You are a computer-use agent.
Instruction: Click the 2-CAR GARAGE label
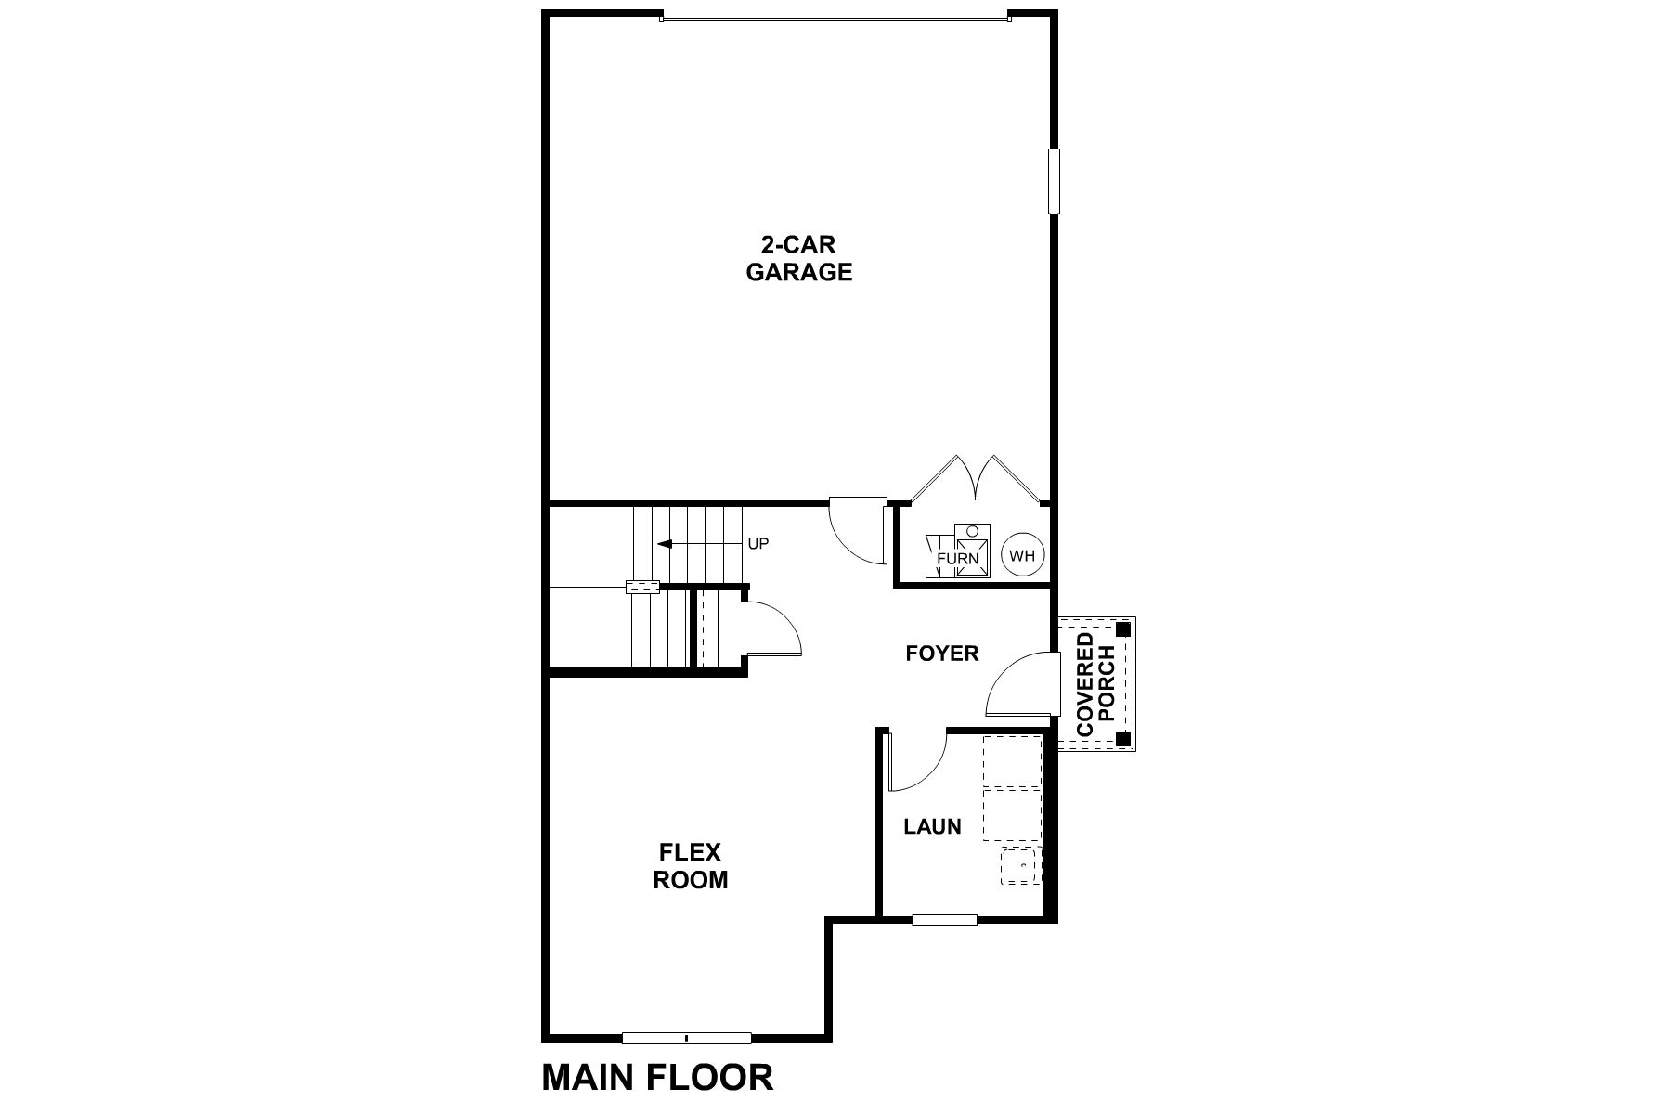pos(799,259)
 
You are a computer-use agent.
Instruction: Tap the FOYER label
pos(941,654)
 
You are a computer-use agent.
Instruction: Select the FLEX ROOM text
pos(690,866)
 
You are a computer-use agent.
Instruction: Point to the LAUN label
pos(932,826)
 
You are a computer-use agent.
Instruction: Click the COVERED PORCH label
pos(1095,684)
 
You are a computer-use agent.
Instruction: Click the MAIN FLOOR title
pos(657,1078)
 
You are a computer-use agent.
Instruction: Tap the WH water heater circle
pos(1022,555)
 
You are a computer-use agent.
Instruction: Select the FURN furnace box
pos(957,553)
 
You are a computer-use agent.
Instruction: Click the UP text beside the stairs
pos(758,544)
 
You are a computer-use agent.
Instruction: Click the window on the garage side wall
pos(1054,181)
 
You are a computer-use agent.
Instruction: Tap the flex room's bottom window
pos(686,1038)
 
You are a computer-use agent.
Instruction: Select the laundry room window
pos(944,920)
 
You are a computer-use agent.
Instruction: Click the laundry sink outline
pos(1020,865)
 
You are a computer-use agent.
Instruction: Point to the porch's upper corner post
pos(1124,628)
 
